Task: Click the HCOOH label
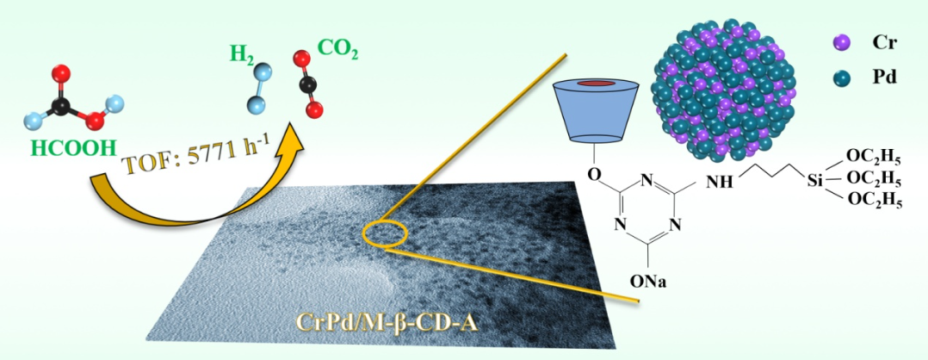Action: coord(73,147)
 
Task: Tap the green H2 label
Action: coord(244,53)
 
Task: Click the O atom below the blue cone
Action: coord(592,172)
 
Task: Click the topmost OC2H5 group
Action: coord(875,156)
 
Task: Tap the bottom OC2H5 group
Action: coord(875,201)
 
